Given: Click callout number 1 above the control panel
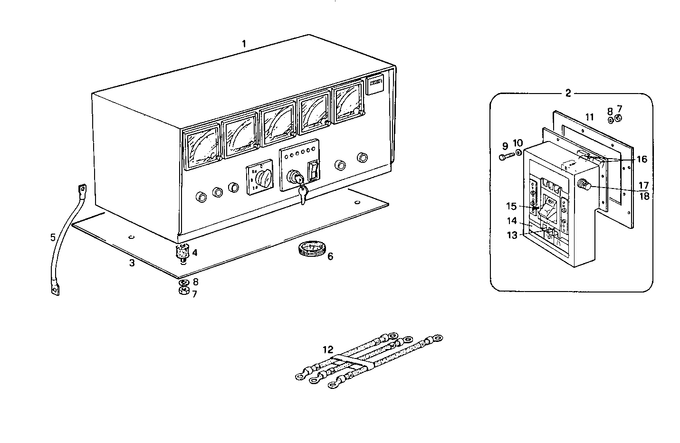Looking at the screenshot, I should [x=244, y=44].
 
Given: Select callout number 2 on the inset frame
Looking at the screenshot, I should [x=568, y=93].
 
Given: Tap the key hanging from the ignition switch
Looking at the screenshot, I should [x=303, y=194].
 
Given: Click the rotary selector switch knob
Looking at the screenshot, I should [x=263, y=180].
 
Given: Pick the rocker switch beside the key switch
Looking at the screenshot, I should [x=314, y=171].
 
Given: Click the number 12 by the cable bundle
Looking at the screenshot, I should [x=328, y=349].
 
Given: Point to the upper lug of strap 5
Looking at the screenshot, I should [x=82, y=191].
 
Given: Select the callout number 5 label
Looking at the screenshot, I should [x=53, y=236].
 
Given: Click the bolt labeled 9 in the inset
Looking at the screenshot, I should [x=506, y=157].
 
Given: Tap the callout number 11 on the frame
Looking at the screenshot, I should [x=589, y=117].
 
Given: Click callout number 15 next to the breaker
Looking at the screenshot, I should [x=511, y=207].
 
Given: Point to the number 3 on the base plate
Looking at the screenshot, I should [x=132, y=263].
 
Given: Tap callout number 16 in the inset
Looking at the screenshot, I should [x=642, y=160].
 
